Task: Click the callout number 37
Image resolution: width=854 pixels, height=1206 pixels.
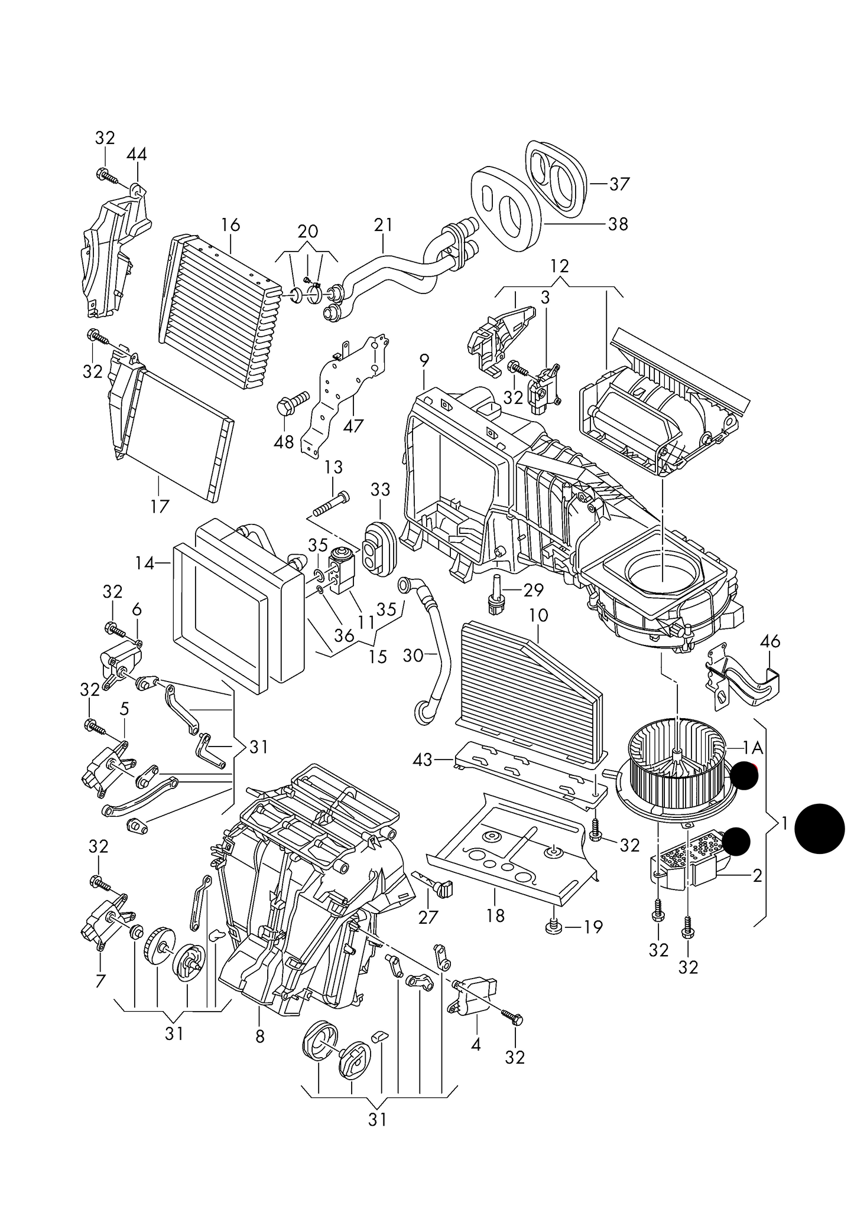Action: pyautogui.click(x=619, y=184)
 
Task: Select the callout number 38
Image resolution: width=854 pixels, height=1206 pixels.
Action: pyautogui.click(x=618, y=224)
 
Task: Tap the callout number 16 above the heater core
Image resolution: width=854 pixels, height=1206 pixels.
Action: pyautogui.click(x=230, y=225)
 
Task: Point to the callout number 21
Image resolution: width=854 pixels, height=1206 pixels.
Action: pyautogui.click(x=383, y=225)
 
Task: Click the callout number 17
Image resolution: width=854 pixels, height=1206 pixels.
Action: pyautogui.click(x=160, y=506)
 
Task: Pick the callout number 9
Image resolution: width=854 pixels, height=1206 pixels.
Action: pyautogui.click(x=424, y=360)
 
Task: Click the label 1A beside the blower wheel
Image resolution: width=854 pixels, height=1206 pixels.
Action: pyautogui.click(x=754, y=749)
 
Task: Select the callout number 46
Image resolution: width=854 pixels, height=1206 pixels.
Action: pyautogui.click(x=770, y=641)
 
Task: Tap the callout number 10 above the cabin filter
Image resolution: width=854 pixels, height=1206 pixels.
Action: pyautogui.click(x=538, y=615)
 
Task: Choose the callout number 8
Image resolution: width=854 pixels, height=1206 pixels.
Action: pyautogui.click(x=260, y=1036)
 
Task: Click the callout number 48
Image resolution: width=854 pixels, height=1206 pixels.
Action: pyautogui.click(x=284, y=441)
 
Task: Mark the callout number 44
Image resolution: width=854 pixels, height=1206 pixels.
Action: pyautogui.click(x=137, y=155)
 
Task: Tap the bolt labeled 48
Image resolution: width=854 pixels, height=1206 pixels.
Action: pyautogui.click(x=293, y=402)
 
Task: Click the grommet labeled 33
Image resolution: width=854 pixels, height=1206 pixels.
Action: pyautogui.click(x=378, y=547)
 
